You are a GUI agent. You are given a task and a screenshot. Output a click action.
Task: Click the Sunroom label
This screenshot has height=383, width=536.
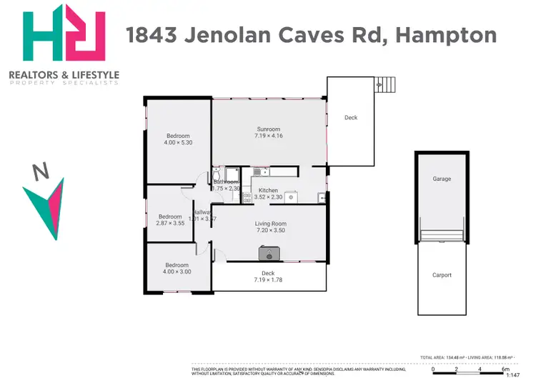click(269, 129)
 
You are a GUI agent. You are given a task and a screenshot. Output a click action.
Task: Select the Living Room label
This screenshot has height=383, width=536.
click(270, 224)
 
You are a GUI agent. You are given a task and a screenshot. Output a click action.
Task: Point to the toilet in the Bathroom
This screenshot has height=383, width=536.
click(215, 175)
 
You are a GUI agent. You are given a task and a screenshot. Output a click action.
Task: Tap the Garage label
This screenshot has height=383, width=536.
click(441, 179)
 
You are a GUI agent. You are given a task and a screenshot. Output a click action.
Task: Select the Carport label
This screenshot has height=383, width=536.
click(442, 275)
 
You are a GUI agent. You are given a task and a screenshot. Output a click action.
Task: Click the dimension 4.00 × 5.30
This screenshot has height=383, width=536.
click(178, 143)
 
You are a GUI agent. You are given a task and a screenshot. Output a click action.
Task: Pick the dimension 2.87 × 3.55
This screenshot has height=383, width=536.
click(170, 224)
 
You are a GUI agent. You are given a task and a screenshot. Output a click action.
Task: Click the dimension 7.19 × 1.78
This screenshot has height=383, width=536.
click(268, 280)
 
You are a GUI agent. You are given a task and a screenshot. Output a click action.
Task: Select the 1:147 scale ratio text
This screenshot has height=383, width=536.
click(512, 374)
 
